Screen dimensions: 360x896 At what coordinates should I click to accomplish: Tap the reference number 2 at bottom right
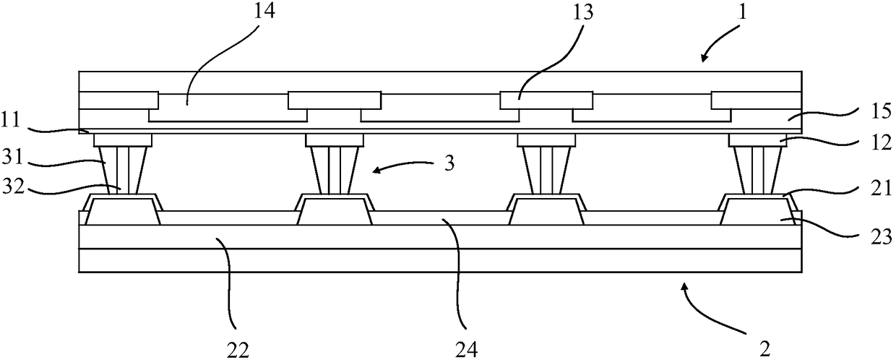pyautogui.click(x=757, y=348)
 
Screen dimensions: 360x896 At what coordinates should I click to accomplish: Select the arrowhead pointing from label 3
pyautogui.click(x=374, y=171)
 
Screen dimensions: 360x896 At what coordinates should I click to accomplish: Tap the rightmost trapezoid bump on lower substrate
pyautogui.click(x=758, y=213)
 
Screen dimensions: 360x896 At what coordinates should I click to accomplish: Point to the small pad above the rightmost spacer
pyautogui.click(x=757, y=139)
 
